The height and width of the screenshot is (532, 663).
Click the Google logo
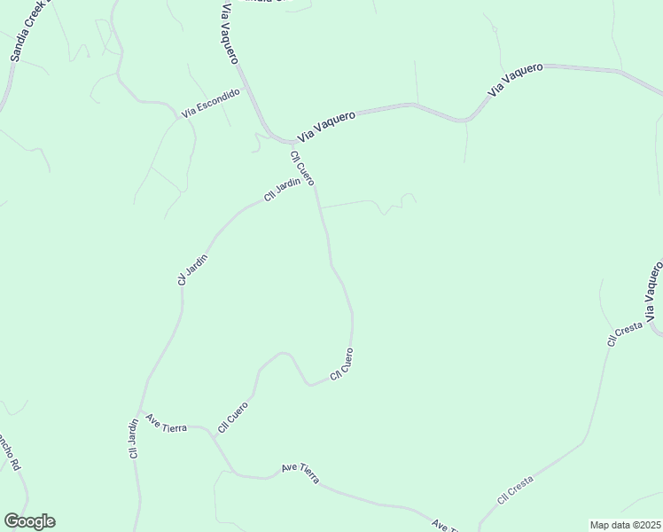[29, 521]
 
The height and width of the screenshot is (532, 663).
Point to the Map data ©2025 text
[625, 525]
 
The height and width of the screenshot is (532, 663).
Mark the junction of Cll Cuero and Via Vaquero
[294, 142]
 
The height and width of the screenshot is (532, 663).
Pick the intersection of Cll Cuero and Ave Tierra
[215, 434]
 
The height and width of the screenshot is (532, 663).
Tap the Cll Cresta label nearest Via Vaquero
[624, 333]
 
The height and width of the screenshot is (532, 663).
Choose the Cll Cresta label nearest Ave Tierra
[515, 490]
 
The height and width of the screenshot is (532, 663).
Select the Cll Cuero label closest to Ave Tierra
[232, 417]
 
